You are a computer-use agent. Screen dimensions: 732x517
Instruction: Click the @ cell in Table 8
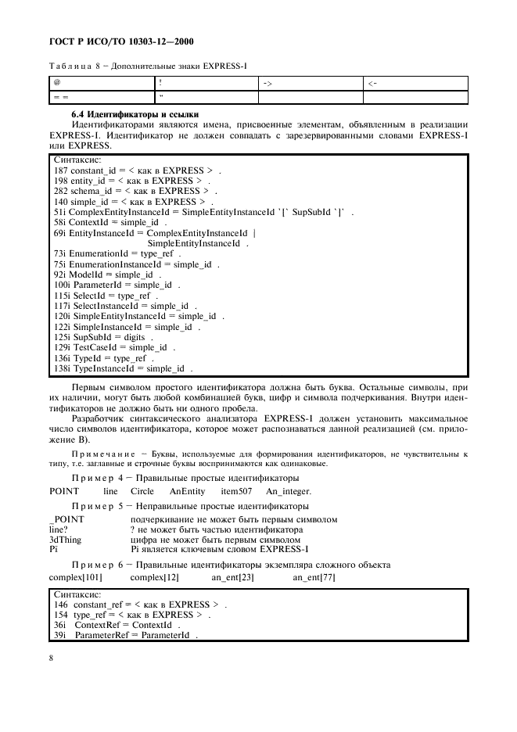tap(57, 81)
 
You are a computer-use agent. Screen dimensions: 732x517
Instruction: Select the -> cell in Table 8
tap(267, 82)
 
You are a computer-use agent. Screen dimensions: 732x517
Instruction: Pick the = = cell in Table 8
tap(59, 97)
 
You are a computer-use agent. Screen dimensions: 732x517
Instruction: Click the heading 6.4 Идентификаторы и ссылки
tap(129, 115)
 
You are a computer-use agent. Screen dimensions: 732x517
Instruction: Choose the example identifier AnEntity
tap(187, 491)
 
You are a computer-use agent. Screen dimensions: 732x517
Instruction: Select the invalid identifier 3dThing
tap(65, 540)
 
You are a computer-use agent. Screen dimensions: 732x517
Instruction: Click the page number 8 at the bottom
tap(51, 658)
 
